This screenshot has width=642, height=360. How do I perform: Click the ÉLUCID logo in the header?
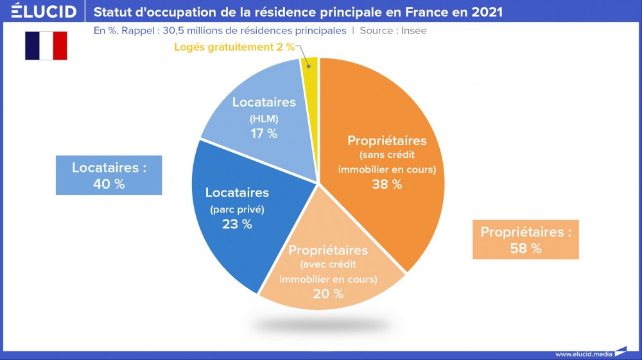pyautogui.click(x=44, y=12)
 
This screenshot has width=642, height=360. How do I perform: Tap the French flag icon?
pyautogui.click(x=46, y=46)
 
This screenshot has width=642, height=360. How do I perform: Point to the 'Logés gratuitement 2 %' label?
pyautogui.click(x=234, y=46)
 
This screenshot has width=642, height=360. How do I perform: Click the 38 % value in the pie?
pyautogui.click(x=387, y=184)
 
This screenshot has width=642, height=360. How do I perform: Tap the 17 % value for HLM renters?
pyautogui.click(x=264, y=133)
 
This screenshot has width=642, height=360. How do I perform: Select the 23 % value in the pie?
pyautogui.click(x=238, y=224)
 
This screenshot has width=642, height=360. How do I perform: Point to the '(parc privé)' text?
pyautogui.click(x=237, y=209)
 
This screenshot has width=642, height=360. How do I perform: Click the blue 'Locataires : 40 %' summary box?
pyautogui.click(x=109, y=175)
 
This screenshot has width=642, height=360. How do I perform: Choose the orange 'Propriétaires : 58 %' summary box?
pyautogui.click(x=526, y=239)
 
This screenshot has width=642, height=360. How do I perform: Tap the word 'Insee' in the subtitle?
pyautogui.click(x=413, y=30)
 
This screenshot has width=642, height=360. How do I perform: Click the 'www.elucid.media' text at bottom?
pyautogui.click(x=583, y=354)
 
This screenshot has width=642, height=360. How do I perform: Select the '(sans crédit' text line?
pyautogui.click(x=387, y=155)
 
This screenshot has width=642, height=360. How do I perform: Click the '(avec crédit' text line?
pyautogui.click(x=328, y=264)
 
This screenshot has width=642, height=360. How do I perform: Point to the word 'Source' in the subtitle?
pyautogui.click(x=377, y=30)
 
